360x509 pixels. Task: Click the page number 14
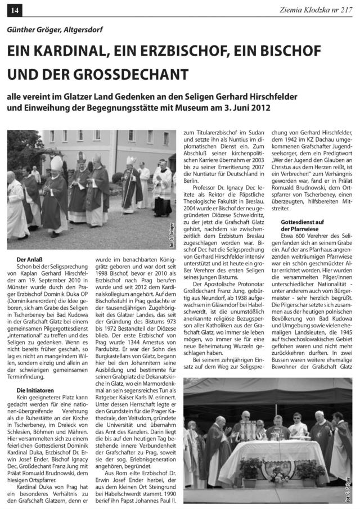tap(13, 10)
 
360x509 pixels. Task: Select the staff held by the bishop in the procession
tap(130, 191)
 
